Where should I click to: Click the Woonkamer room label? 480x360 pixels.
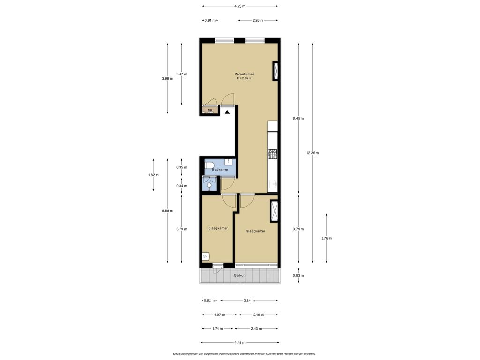pyautogui.click(x=244, y=74)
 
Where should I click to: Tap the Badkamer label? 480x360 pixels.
pyautogui.click(x=220, y=170)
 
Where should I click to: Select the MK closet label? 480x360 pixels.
pyautogui.click(x=210, y=110)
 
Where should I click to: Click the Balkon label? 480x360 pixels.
pyautogui.click(x=240, y=275)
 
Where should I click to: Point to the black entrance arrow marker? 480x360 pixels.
pyautogui.click(x=227, y=112)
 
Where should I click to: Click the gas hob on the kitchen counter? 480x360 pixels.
pyautogui.click(x=272, y=154)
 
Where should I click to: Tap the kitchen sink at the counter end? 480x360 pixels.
pyautogui.click(x=273, y=184)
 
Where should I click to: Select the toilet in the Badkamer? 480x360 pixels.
pyautogui.click(x=210, y=165)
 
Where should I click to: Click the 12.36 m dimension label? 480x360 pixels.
pyautogui.click(x=313, y=153)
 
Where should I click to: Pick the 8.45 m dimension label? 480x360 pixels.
pyautogui.click(x=299, y=118)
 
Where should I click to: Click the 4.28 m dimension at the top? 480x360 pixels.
pyautogui.click(x=240, y=6)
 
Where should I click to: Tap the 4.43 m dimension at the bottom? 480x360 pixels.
pyautogui.click(x=240, y=343)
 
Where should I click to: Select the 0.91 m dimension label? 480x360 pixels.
pyautogui.click(x=210, y=21)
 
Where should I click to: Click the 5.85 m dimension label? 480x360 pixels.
pyautogui.click(x=167, y=210)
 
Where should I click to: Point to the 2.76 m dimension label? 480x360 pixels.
pyautogui.click(x=327, y=238)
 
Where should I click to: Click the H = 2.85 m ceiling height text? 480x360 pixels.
pyautogui.click(x=244, y=78)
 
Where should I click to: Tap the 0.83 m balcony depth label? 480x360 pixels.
pyautogui.click(x=299, y=275)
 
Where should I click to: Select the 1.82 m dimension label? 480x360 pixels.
pyautogui.click(x=153, y=175)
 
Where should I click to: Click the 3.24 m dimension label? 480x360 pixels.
pyautogui.click(x=249, y=300)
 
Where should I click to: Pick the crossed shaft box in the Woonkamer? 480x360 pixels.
pyautogui.click(x=276, y=71)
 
